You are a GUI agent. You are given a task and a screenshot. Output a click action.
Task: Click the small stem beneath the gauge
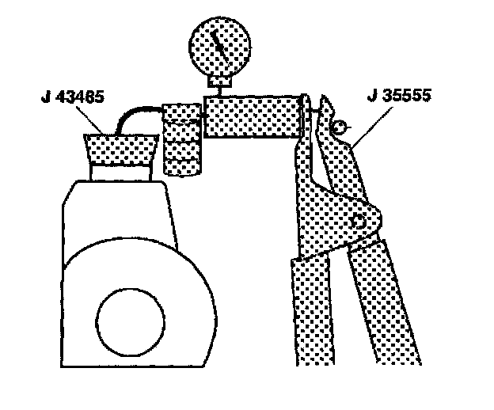tap(221, 81)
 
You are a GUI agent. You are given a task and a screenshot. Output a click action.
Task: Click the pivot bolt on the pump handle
tap(360, 222)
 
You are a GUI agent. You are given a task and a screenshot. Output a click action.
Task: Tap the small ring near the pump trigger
tap(339, 127)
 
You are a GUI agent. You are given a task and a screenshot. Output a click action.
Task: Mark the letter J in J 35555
tap(373, 99)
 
